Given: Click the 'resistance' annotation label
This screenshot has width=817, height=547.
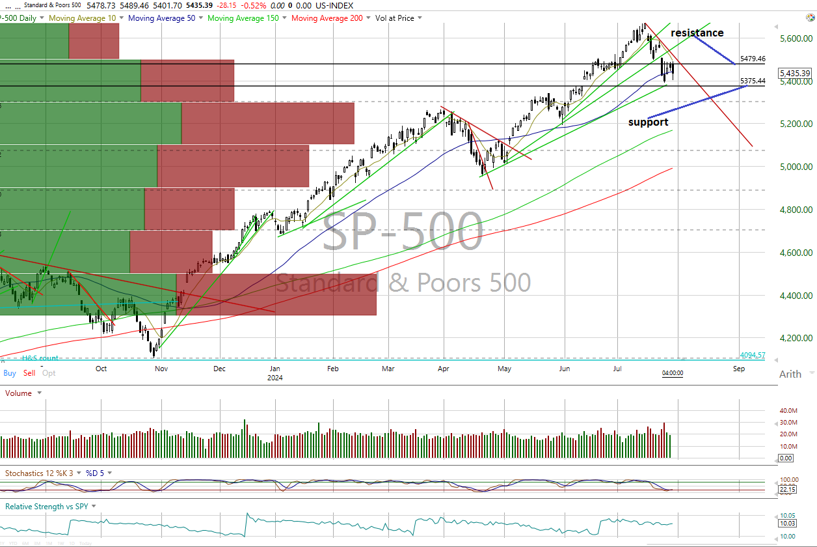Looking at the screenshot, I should point(697,33).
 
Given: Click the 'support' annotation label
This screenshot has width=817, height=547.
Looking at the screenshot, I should point(648,122).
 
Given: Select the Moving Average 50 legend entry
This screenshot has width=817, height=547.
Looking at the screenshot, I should point(161,18).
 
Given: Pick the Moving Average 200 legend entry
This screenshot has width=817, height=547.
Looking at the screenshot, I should point(327,18).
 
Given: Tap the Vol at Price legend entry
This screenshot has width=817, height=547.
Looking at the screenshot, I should point(395,18).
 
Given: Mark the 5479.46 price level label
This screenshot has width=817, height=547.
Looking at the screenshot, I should point(753,59).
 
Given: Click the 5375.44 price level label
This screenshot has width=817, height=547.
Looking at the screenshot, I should point(753,81).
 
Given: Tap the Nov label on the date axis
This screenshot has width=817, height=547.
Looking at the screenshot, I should point(162,369).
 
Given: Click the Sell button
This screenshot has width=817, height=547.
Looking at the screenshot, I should point(29,373).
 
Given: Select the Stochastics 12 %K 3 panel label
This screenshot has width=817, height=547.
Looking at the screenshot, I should point(42,473).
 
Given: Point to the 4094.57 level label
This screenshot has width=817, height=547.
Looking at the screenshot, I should point(753,355).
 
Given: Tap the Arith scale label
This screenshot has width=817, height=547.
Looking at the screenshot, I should point(790,374).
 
